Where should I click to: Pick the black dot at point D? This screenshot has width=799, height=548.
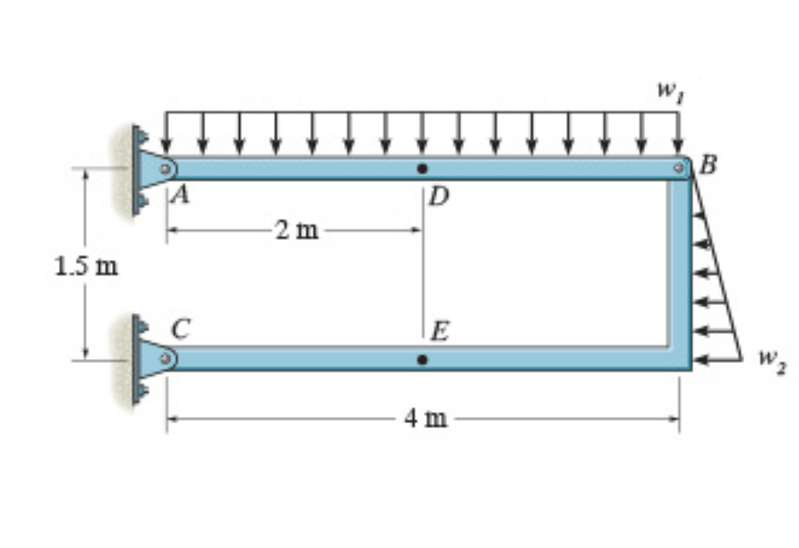click(422, 168)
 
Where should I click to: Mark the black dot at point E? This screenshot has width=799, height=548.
click(422, 359)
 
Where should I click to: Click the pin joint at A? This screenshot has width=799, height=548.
click(165, 169)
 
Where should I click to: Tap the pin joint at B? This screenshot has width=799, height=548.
click(679, 168)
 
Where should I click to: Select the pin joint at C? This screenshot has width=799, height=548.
click(165, 357)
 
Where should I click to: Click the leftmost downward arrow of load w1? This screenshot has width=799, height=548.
click(166, 132)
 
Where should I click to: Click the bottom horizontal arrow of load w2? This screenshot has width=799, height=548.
click(717, 359)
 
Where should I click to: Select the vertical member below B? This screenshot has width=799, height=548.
click(679, 266)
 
